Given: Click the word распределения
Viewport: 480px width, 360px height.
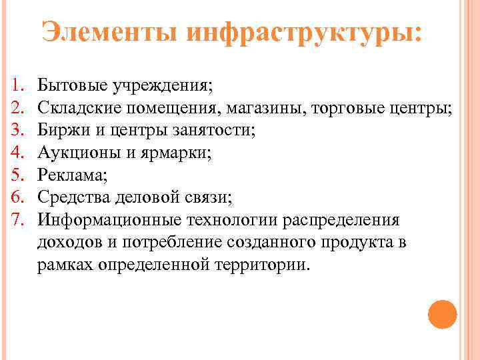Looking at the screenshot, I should [x=340, y=219].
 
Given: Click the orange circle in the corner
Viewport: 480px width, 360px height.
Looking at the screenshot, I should [x=441, y=315].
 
